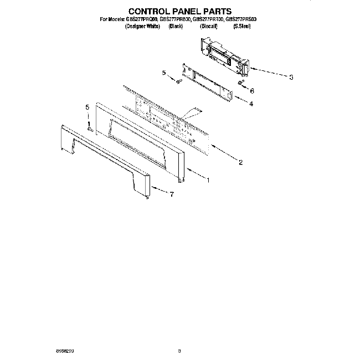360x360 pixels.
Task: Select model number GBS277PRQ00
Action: coord(142,19)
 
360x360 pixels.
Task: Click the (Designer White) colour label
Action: coord(142,26)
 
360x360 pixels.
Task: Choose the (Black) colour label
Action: coord(176,26)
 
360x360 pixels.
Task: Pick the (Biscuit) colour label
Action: coord(208,26)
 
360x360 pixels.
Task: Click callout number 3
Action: coord(291,77)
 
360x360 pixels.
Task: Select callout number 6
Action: coord(251,91)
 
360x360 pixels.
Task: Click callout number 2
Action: coord(240,162)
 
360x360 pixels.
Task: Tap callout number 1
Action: coord(208,179)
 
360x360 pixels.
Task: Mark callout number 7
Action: coord(172,194)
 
